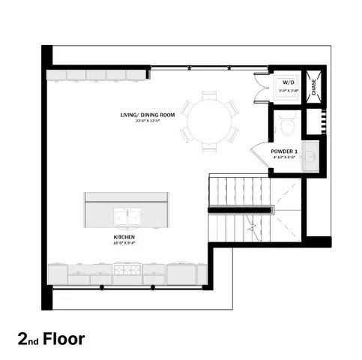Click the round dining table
[211, 120]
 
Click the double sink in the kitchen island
[127, 217]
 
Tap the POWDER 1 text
[285, 151]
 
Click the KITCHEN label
[124, 236]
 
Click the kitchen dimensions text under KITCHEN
[124, 243]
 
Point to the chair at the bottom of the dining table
[211, 146]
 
